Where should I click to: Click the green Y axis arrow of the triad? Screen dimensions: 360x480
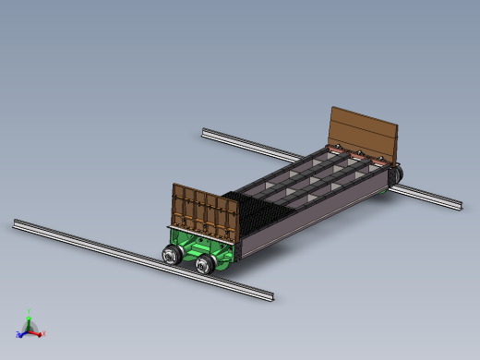(x=30, y=320)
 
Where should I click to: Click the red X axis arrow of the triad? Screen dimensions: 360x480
(x=38, y=332)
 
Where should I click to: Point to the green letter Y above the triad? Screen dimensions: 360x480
(x=30, y=312)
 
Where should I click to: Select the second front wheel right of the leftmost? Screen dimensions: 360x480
(x=205, y=265)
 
